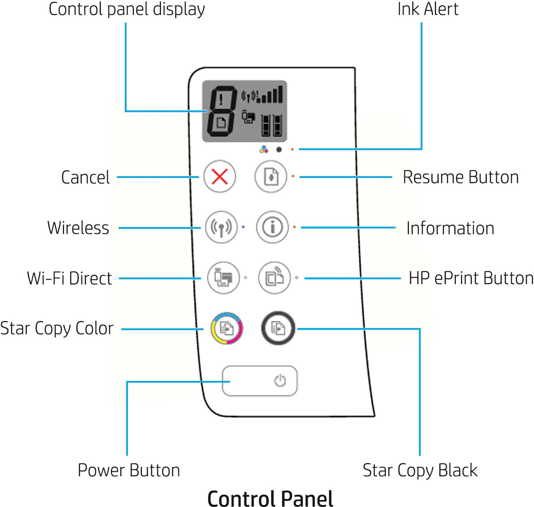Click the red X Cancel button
pos(220,176)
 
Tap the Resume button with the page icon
pos(271,176)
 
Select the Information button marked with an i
pos(272,227)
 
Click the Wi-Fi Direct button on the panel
pos(224,278)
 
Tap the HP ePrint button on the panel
pos(274,278)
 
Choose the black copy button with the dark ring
pos(278,328)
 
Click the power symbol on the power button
pos(280,381)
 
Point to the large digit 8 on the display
pos(221,111)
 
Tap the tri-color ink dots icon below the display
pos(264,149)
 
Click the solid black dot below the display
pos(279,150)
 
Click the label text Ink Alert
pos(428,9)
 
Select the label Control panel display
pos(127,9)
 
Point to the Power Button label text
pos(129,470)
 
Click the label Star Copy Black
pos(420,470)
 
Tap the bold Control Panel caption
pos(270,498)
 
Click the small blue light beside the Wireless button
pos(243,227)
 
